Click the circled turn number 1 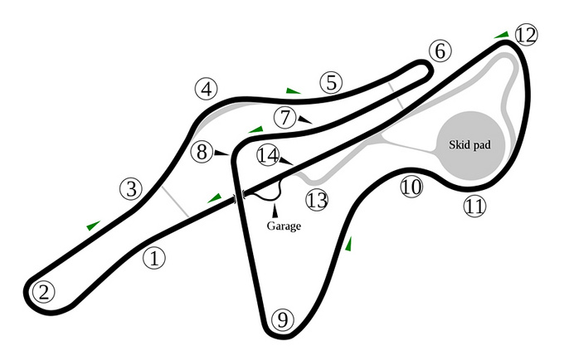[x=154, y=258]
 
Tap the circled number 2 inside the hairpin [x=43, y=292]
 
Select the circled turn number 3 [x=131, y=189]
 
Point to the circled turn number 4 [x=207, y=90]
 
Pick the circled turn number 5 [x=331, y=83]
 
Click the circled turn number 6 [x=440, y=51]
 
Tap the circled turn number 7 [x=284, y=117]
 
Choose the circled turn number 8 [x=202, y=152]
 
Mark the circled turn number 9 [x=283, y=319]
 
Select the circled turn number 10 [x=411, y=187]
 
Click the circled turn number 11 [x=474, y=206]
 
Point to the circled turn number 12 [x=526, y=35]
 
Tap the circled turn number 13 [x=317, y=200]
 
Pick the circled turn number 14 [x=268, y=155]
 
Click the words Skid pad [x=469, y=145]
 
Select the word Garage [x=284, y=226]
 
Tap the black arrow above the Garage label [x=275, y=211]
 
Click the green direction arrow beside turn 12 [x=502, y=35]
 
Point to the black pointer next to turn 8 [x=221, y=153]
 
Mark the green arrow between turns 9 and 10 [x=348, y=244]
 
